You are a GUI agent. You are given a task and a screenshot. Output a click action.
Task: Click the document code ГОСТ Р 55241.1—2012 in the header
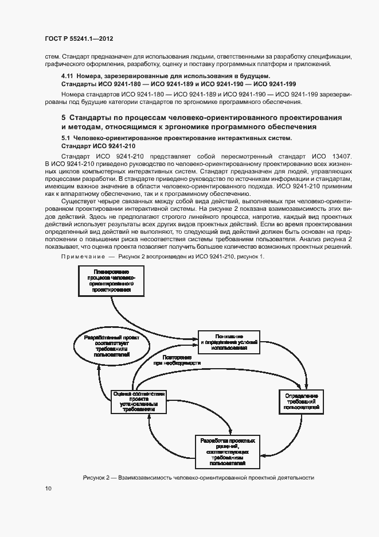79,38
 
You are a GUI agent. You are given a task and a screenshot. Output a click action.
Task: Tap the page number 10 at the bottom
48,488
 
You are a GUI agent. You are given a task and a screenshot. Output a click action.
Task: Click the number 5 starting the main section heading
64,117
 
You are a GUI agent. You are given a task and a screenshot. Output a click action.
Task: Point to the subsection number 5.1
67,138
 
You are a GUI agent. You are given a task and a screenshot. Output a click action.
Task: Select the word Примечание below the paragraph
83,256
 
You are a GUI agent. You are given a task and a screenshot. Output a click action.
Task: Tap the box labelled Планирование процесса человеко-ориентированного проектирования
110,280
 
